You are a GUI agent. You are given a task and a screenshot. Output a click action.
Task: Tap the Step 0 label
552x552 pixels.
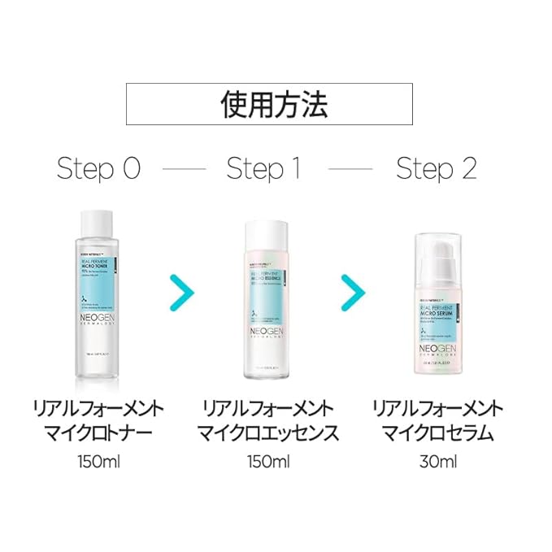coord(98,169)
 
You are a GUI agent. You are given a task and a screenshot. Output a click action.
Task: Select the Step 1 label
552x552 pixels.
coord(264,169)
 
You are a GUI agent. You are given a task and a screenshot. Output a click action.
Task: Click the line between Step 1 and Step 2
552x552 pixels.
coord(350,170)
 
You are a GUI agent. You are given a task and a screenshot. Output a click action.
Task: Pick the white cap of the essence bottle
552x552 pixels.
coord(270,229)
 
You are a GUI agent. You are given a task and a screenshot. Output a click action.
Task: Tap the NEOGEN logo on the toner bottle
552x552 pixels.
coord(102,319)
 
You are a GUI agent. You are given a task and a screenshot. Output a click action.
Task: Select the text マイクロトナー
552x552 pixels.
coord(98,432)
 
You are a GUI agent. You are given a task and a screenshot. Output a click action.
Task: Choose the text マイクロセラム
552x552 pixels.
coord(438,432)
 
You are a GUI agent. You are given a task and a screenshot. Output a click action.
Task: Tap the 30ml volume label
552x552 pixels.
coord(438,463)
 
